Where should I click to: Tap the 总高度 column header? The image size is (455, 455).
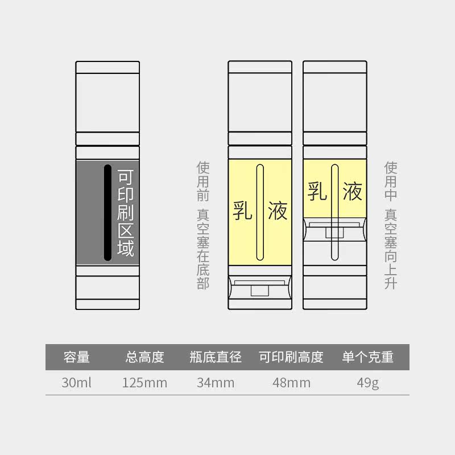[x=145, y=357]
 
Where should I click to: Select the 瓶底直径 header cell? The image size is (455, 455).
[x=216, y=357]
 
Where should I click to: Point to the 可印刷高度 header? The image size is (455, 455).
[x=291, y=357]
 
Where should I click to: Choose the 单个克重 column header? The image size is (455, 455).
[x=367, y=357]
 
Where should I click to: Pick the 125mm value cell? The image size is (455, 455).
[x=145, y=382]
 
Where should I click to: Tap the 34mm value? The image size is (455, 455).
[x=216, y=382]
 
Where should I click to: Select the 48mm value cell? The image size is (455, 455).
[x=291, y=382]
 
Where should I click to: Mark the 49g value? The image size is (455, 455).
[x=367, y=382]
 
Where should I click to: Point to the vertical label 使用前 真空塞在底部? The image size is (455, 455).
[x=203, y=225]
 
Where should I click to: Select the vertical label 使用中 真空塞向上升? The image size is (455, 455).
[x=391, y=225]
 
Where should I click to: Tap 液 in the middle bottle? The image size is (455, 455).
[x=278, y=210]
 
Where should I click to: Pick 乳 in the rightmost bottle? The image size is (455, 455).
[x=317, y=192]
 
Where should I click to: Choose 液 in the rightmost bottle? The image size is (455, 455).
[x=352, y=192]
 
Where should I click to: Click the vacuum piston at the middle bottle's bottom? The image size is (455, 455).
[x=260, y=287]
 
